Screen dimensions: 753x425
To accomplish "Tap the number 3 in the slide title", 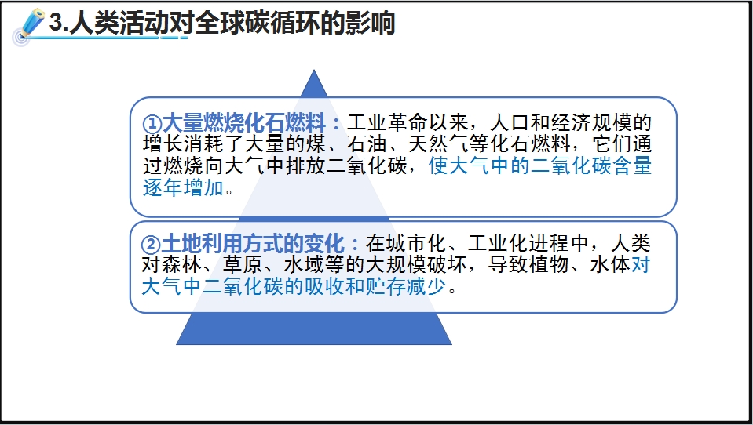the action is click(x=57, y=23).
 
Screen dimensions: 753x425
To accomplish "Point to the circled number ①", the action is click(x=152, y=124).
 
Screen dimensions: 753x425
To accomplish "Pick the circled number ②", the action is click(x=150, y=245).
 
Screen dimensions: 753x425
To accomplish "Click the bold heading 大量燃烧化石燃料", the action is click(x=244, y=123).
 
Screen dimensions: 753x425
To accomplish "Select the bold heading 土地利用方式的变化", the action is click(x=253, y=244).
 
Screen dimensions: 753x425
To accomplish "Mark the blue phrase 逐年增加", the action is click(x=183, y=187).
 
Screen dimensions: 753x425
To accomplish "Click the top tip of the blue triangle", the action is click(x=314, y=71).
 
